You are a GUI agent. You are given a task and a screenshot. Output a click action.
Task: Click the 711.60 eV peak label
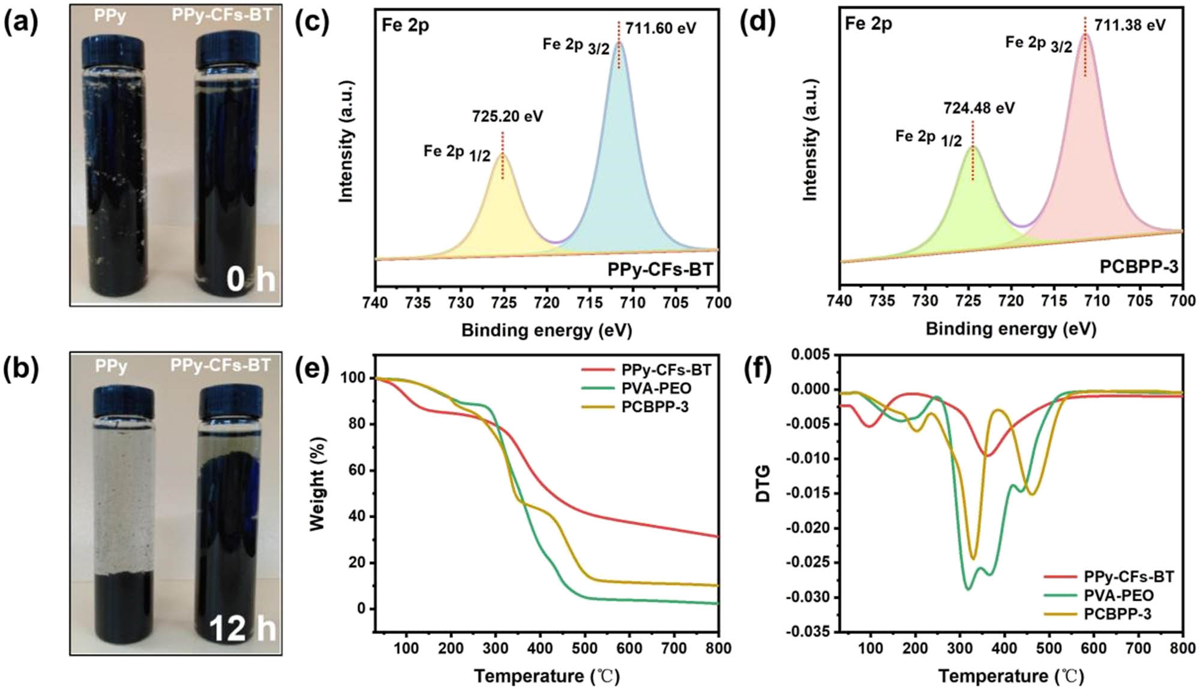660,28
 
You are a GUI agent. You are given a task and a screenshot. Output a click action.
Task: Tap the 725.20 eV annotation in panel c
507,116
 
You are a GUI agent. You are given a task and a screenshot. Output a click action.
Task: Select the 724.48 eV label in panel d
979,108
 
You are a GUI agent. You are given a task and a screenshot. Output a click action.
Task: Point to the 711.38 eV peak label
1130,25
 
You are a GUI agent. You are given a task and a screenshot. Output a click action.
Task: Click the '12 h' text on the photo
242,629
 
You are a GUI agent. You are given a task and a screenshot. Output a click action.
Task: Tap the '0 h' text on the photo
250,280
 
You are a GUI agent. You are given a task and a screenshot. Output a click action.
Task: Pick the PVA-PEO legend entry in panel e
656,388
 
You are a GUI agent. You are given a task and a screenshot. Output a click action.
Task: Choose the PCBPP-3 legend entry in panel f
1117,614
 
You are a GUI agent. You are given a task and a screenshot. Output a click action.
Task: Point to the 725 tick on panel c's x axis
503,302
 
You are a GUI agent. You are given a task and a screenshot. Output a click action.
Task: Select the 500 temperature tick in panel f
1048,648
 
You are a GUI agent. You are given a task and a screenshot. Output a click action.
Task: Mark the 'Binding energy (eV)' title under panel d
1010,329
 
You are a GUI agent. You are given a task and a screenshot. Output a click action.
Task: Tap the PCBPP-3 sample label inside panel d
1138,266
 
